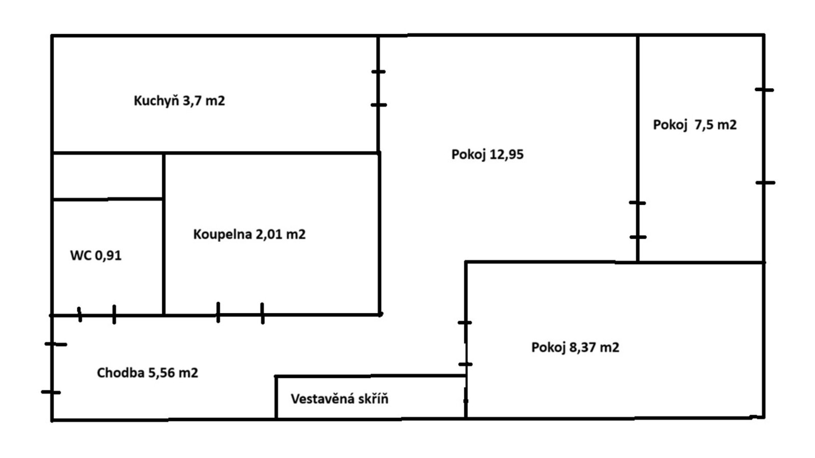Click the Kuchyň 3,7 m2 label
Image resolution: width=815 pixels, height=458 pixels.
(179, 101)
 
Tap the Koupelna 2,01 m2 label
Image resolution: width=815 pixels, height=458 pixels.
(249, 235)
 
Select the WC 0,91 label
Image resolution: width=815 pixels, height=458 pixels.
(96, 256)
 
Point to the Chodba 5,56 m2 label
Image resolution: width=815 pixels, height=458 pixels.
(147, 373)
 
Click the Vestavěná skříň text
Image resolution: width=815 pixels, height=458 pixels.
(339, 399)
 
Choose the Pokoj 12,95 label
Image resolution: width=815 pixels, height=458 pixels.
(487, 155)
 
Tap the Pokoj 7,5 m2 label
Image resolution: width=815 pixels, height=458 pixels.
(695, 125)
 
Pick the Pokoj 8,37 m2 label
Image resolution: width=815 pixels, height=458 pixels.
(575, 348)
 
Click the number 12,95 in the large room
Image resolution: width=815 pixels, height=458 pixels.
(506, 155)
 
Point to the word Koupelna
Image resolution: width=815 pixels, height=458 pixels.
(222, 235)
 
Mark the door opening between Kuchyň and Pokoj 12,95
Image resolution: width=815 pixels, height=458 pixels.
(378, 89)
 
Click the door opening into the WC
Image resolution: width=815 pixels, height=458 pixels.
(97, 315)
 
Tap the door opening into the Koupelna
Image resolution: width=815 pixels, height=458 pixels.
(240, 314)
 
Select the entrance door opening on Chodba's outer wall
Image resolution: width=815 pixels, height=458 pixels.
(51, 368)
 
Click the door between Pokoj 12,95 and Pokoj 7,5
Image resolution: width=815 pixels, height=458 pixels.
(637, 220)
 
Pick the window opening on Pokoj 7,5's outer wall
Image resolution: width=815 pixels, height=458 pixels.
(764, 136)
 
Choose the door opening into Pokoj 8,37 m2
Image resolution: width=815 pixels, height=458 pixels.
(466, 343)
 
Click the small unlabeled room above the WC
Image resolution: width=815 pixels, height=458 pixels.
(107, 176)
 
